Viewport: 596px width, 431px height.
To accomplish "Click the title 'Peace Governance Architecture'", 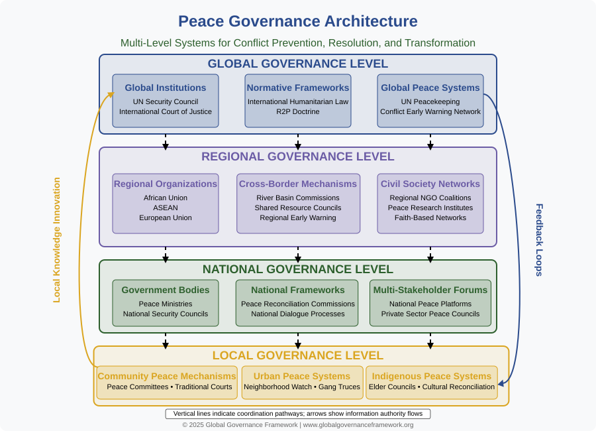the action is pyautogui.click(x=297, y=21).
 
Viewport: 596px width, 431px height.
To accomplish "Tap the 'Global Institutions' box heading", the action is pyautogui.click(x=166, y=88).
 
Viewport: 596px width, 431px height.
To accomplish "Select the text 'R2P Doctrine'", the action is pyautogui.click(x=297, y=111).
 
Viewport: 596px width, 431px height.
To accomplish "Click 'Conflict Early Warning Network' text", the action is pyautogui.click(x=430, y=111).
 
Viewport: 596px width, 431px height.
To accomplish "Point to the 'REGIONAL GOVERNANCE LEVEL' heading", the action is pyautogui.click(x=297, y=156).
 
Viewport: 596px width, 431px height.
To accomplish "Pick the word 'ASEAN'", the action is pyautogui.click(x=166, y=208).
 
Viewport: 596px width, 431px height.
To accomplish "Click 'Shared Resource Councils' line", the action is pyautogui.click(x=297, y=208).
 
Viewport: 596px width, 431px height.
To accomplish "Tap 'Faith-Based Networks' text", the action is pyautogui.click(x=430, y=217).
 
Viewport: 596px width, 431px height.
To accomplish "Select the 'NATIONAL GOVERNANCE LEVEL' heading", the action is pyautogui.click(x=297, y=269).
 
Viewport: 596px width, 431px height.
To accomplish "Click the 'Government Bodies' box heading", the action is pyautogui.click(x=166, y=290).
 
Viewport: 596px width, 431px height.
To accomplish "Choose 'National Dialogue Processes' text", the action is pyautogui.click(x=297, y=314).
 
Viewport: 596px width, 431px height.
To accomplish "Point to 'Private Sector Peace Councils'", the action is pyautogui.click(x=430, y=314).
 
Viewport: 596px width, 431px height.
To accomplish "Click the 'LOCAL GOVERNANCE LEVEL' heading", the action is pyautogui.click(x=297, y=355).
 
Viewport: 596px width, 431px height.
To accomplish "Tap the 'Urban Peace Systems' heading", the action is pyautogui.click(x=302, y=376).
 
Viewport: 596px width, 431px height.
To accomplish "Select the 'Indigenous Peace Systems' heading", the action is pyautogui.click(x=431, y=376).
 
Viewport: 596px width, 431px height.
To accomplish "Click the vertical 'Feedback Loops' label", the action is pyautogui.click(x=539, y=240).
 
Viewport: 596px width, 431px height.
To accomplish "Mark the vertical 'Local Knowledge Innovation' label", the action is pyautogui.click(x=57, y=240).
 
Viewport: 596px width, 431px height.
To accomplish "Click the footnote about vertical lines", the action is pyautogui.click(x=297, y=414).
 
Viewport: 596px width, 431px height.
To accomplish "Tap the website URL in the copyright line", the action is pyautogui.click(x=358, y=425).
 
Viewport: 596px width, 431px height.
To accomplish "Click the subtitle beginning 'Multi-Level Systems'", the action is pyautogui.click(x=297, y=42).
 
